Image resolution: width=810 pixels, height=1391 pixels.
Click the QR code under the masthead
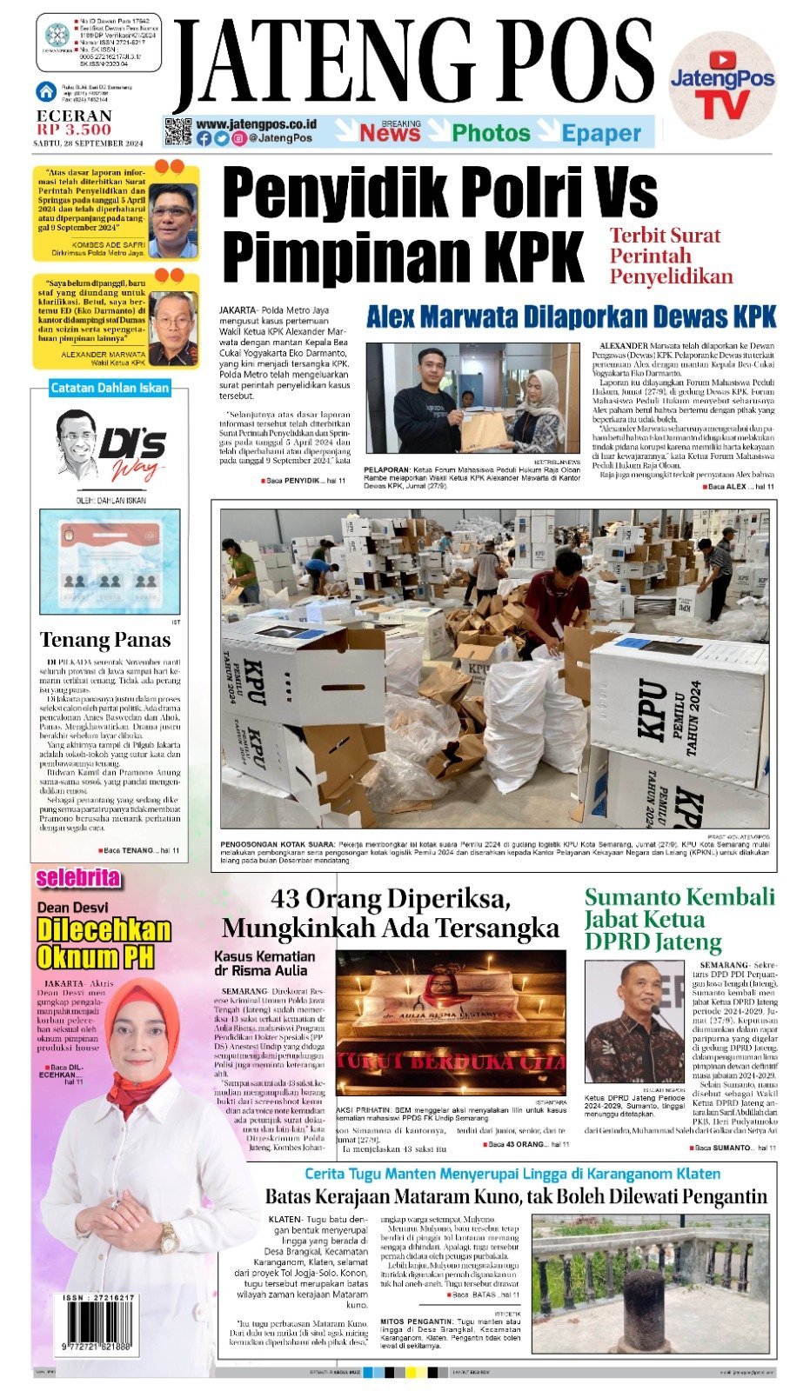(x=177, y=131)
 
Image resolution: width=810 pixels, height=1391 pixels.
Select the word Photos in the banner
(x=491, y=133)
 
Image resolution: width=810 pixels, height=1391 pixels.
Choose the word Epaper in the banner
(x=601, y=134)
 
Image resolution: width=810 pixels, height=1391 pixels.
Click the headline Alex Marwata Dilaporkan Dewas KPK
(x=571, y=316)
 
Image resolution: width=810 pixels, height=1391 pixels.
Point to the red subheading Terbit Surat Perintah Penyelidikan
(x=671, y=256)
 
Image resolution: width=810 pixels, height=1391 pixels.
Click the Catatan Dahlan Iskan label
(x=110, y=388)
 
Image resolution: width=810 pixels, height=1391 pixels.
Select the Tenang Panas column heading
(x=105, y=640)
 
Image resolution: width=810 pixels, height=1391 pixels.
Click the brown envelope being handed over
(x=484, y=429)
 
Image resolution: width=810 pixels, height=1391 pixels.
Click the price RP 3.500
(x=74, y=130)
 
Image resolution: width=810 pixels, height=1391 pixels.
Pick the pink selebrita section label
(x=78, y=878)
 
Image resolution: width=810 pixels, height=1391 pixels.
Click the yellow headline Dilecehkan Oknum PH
(x=104, y=942)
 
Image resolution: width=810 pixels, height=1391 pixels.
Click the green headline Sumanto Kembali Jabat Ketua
(x=679, y=919)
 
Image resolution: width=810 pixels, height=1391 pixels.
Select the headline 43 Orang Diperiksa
(x=391, y=913)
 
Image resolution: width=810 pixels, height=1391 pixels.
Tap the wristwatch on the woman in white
(x=168, y=1237)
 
